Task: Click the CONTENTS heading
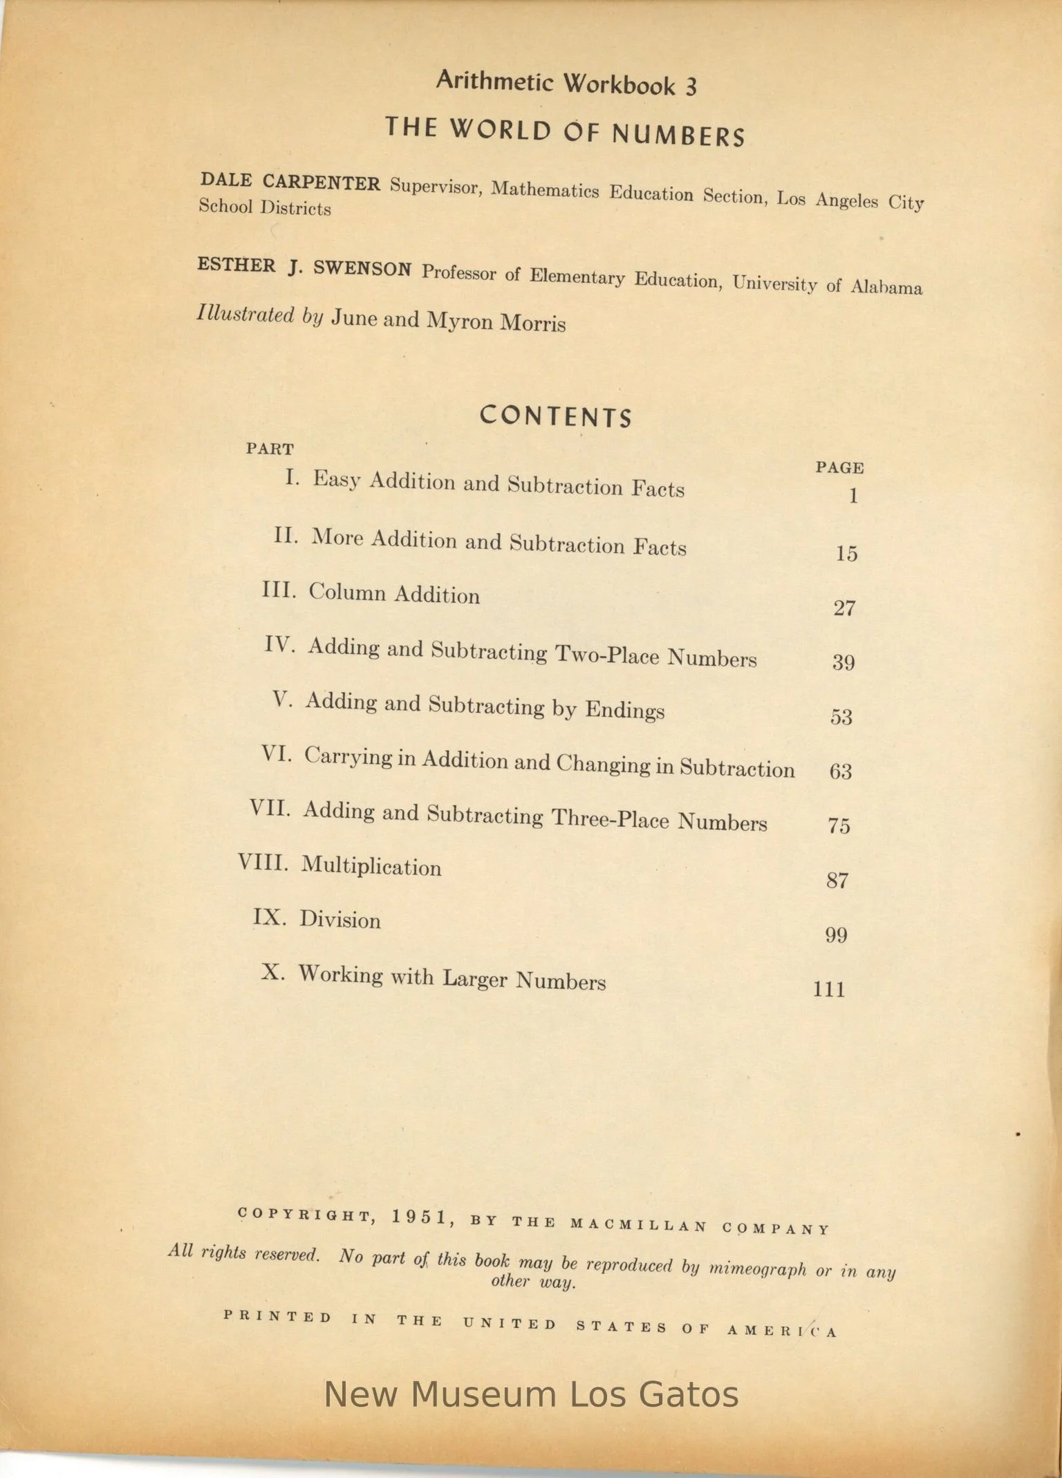click(x=556, y=417)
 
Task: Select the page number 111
click(x=829, y=989)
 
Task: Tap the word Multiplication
click(x=371, y=866)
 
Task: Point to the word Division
click(x=339, y=920)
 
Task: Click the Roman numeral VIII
click(x=263, y=863)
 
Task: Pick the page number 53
click(x=841, y=717)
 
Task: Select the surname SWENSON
click(x=362, y=269)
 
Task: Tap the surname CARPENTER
click(x=322, y=183)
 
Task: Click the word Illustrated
click(x=245, y=315)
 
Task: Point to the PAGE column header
click(x=839, y=468)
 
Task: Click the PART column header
click(x=270, y=449)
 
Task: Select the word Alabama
click(x=886, y=287)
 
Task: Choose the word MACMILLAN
click(x=638, y=1226)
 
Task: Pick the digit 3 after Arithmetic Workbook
click(x=691, y=87)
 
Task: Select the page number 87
click(x=837, y=881)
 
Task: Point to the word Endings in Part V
click(x=625, y=710)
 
